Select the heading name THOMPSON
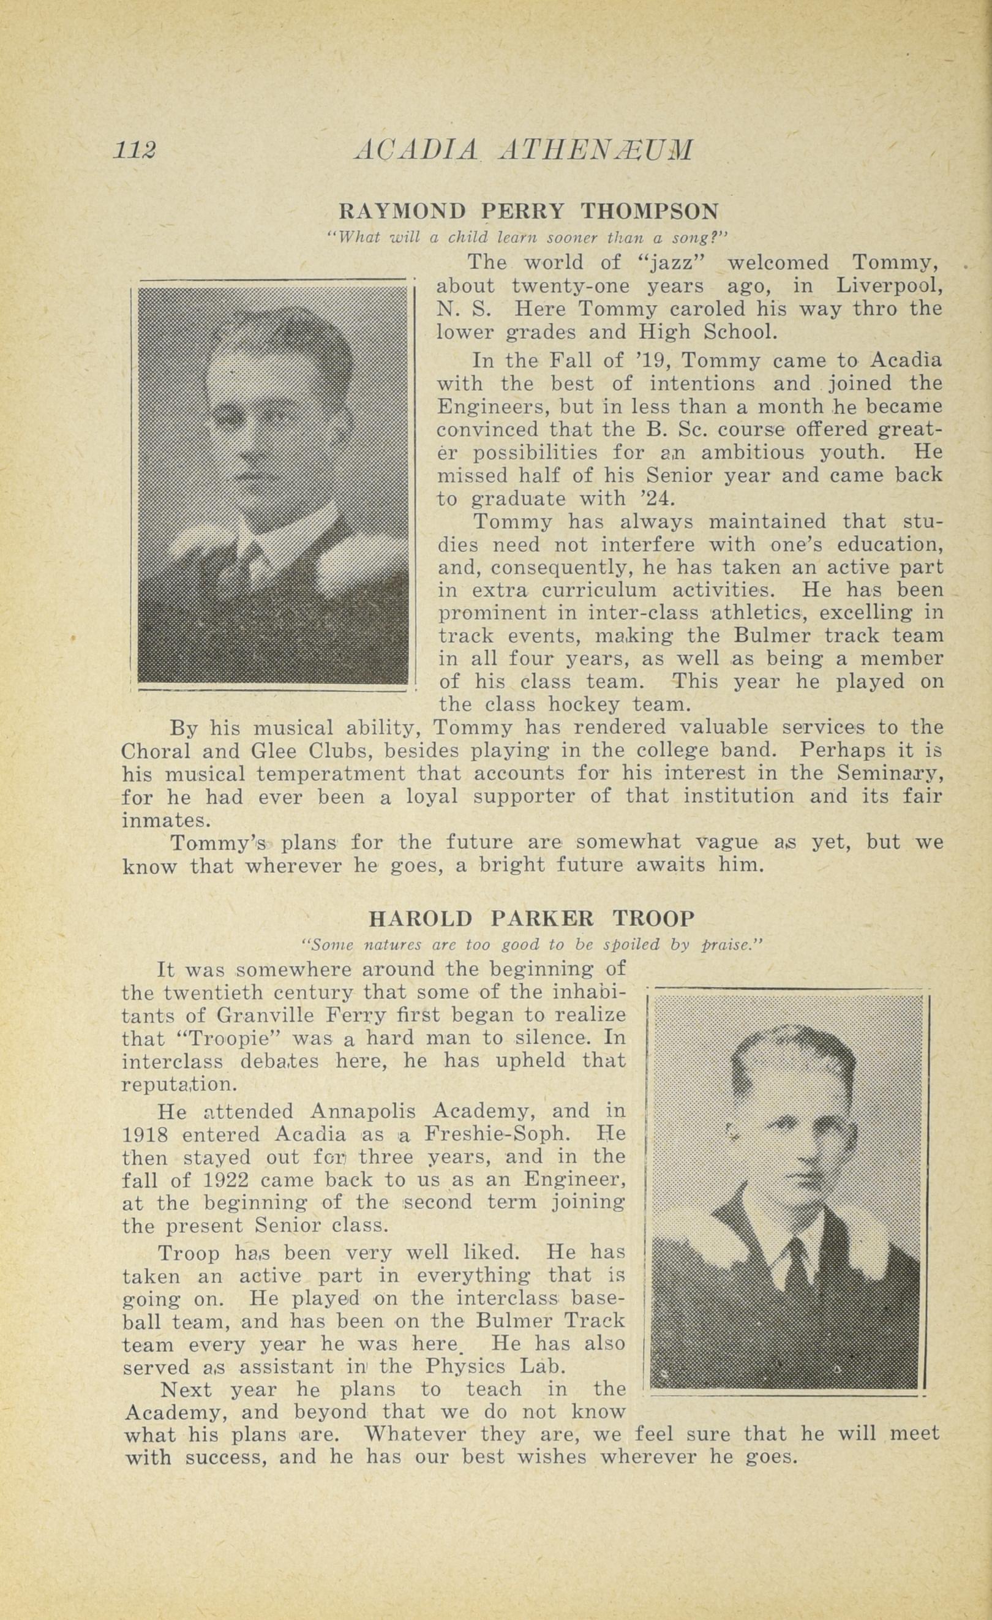click(650, 211)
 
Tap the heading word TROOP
click(653, 917)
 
